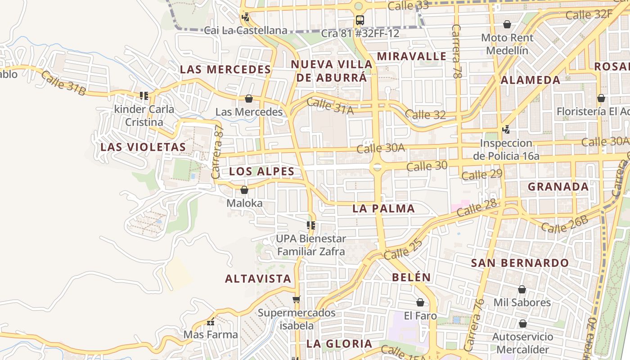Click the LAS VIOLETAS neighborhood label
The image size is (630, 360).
pyautogui.click(x=143, y=147)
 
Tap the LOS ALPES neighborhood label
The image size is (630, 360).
pyautogui.click(x=261, y=171)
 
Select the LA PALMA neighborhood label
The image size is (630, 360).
pyautogui.click(x=383, y=208)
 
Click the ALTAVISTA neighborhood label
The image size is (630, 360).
pyautogui.click(x=258, y=279)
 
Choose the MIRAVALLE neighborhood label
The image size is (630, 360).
pyautogui.click(x=411, y=56)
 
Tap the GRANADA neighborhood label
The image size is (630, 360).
pyautogui.click(x=558, y=187)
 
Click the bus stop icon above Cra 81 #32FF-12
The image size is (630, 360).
pyautogui.click(x=360, y=20)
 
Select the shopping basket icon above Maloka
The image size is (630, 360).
pyautogui.click(x=244, y=190)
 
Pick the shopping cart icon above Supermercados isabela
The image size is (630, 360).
pyautogui.click(x=296, y=299)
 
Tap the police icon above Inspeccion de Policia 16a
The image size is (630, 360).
pyautogui.click(x=506, y=130)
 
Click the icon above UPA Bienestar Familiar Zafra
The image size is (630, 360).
pyautogui.click(x=310, y=225)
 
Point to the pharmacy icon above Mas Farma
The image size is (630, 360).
pyautogui.click(x=210, y=322)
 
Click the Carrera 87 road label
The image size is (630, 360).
pyautogui.click(x=217, y=152)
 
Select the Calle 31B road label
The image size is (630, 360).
pyautogui.click(x=63, y=83)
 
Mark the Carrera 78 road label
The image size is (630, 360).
pyautogui.click(x=457, y=52)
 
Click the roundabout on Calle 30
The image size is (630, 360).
pyautogui.click(x=377, y=167)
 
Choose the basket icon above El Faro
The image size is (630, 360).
pyautogui.click(x=420, y=302)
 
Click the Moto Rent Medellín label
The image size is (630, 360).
pyautogui.click(x=507, y=44)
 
